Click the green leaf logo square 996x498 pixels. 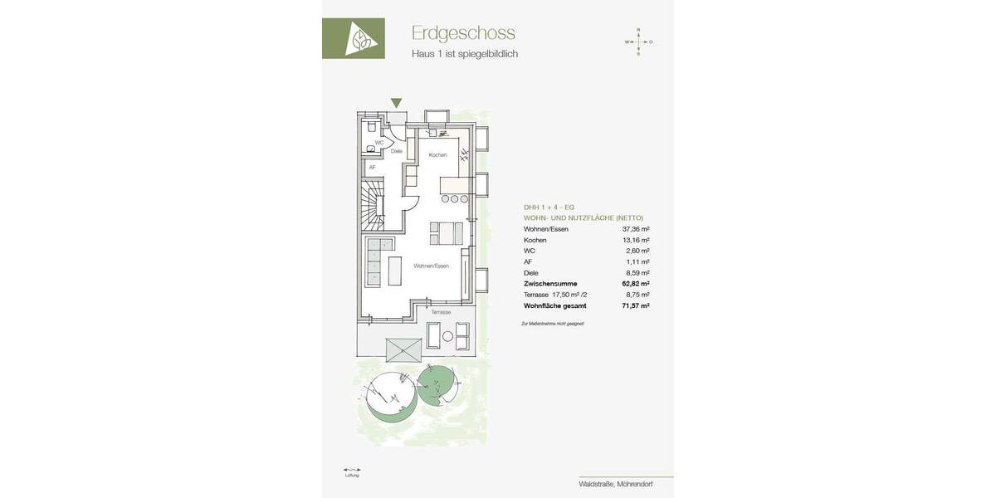tap(354, 38)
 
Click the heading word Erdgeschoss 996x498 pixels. tap(463, 33)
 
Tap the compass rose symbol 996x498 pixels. tap(638, 41)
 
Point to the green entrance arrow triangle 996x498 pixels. tap(396, 103)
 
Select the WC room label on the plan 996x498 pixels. tap(379, 143)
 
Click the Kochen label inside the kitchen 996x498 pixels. tap(437, 155)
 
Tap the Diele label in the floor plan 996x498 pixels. tap(397, 151)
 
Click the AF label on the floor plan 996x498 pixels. tap(372, 168)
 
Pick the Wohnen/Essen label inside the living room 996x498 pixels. tap(431, 266)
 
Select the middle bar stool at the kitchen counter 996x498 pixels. tap(455, 199)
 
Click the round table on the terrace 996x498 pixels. tap(448, 336)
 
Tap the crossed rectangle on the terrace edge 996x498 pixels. tap(403, 350)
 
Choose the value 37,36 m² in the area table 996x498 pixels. tap(636, 229)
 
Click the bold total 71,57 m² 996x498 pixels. tap(636, 305)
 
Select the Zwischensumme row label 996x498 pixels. tap(550, 284)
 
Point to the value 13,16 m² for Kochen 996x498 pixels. tap(636, 240)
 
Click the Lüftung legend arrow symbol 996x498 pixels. tap(352, 470)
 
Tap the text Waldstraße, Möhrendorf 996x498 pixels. tap(616, 484)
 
